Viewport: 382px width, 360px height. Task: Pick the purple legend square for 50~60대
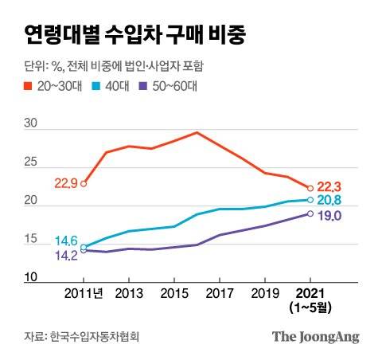click(144, 85)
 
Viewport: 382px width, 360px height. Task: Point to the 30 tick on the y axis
click(31, 124)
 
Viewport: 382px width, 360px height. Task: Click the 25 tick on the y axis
click(31, 162)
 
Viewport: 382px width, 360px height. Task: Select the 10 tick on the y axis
click(31, 276)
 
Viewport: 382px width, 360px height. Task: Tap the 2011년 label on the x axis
click(87, 292)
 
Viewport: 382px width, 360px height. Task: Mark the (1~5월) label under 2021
click(310, 307)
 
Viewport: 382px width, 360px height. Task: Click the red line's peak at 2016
click(197, 132)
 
